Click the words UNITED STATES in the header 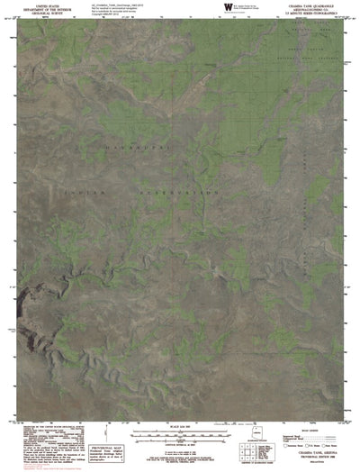[40, 5]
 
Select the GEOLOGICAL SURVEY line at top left [40, 13]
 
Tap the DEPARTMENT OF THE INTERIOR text [40, 9]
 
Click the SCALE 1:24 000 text [181, 425]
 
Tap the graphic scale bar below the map [181, 432]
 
